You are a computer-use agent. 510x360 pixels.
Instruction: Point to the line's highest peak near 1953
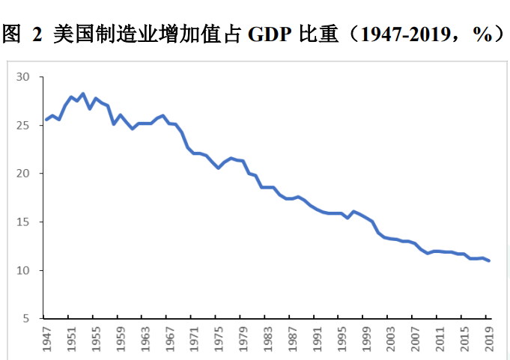[82, 94]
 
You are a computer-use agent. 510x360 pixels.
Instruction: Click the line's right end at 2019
[488, 260]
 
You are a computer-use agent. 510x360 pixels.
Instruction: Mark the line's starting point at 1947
[46, 120]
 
